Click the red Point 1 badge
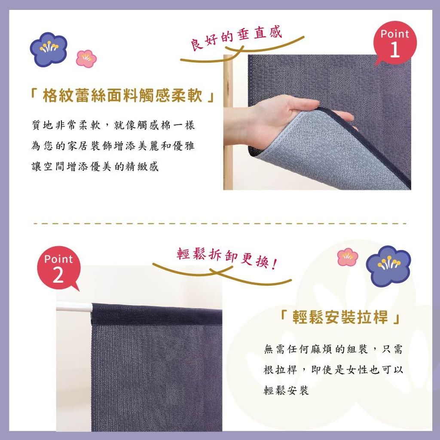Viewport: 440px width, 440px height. [x=395, y=43]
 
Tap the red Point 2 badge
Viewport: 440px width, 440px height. [x=59, y=267]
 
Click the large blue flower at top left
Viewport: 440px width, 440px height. [x=48, y=49]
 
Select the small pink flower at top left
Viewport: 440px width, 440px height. [x=86, y=58]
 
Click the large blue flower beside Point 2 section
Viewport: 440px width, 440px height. [x=388, y=266]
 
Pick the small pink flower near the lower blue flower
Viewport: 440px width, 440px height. [x=348, y=257]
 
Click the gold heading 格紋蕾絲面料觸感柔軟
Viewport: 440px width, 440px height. [x=122, y=95]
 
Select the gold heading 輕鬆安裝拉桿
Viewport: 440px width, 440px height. [x=340, y=318]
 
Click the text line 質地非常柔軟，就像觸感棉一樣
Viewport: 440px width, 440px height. [x=113, y=125]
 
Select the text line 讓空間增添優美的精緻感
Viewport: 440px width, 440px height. [x=95, y=166]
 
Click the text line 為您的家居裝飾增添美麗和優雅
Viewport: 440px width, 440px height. [x=113, y=146]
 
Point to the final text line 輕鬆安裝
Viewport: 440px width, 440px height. [x=286, y=390]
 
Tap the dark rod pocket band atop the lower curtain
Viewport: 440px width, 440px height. [x=156, y=314]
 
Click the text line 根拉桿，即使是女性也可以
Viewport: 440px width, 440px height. [x=333, y=370]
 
